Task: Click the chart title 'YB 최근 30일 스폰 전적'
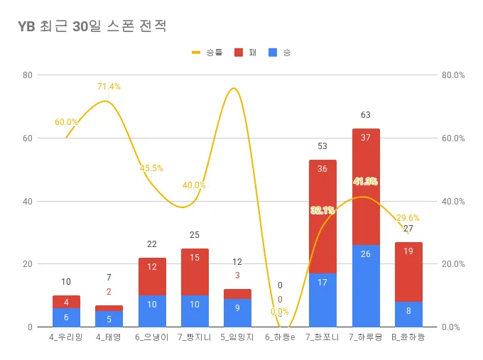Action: coord(92,27)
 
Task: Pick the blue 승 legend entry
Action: coord(280,53)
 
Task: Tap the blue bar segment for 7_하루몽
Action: coord(366,285)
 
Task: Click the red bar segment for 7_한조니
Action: coord(322,217)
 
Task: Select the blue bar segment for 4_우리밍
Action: coord(66,317)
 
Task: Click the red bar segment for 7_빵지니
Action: coord(195,272)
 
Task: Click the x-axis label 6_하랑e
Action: coord(279,338)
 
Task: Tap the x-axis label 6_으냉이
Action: coord(152,338)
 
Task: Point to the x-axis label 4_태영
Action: coord(109,338)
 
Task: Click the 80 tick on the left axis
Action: coord(28,75)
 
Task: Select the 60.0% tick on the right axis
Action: coord(452,138)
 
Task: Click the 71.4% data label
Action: coord(109,87)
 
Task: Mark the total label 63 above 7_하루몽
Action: coord(366,115)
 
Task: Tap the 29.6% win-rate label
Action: coord(408,218)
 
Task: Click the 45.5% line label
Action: coord(151,168)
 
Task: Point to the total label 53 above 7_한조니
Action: coord(322,146)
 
